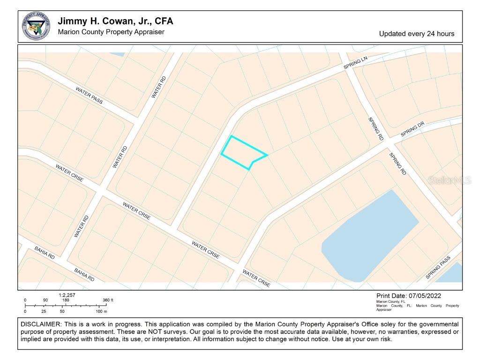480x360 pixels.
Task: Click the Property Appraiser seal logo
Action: (36, 26)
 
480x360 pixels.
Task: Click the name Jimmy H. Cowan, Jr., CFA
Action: (115, 22)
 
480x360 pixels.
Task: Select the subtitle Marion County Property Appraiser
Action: (111, 32)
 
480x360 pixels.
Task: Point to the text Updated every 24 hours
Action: (416, 34)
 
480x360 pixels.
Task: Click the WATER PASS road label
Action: (89, 96)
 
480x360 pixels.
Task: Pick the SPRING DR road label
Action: (412, 130)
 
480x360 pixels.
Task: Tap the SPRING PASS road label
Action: (438, 268)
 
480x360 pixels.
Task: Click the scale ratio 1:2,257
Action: (67, 295)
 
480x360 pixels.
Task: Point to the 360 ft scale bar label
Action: (108, 300)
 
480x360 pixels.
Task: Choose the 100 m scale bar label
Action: (102, 311)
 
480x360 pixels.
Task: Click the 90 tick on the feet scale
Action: (45, 300)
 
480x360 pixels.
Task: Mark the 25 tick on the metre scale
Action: (44, 311)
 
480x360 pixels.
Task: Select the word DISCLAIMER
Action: (41, 324)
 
